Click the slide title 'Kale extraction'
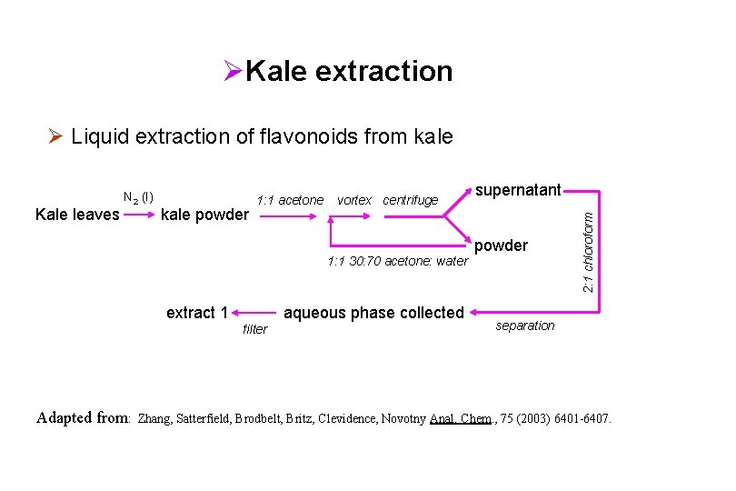(x=348, y=71)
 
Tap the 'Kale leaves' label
(x=76, y=215)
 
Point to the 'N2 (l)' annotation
(x=138, y=196)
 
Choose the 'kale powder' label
(x=204, y=215)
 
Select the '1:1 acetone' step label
(x=290, y=200)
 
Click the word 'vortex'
(x=353, y=200)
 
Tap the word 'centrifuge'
(x=411, y=200)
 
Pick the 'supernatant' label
(x=517, y=191)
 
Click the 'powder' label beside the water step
(x=501, y=246)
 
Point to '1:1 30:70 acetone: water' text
(x=397, y=262)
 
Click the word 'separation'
(x=524, y=326)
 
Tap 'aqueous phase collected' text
(x=373, y=313)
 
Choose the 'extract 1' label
(x=197, y=313)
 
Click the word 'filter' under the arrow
(x=255, y=329)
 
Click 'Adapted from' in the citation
(x=82, y=418)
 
